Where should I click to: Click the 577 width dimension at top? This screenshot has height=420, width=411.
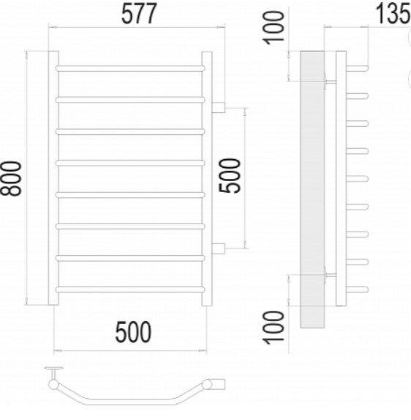pos(138,14)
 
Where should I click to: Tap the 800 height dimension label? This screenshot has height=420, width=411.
pos(11,178)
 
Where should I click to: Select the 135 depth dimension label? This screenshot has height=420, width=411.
pos(393,13)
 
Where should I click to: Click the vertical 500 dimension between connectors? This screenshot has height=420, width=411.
pos(230,176)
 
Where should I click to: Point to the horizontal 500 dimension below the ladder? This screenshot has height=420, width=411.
pos(133,332)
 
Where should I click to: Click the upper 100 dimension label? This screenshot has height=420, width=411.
pos(274,28)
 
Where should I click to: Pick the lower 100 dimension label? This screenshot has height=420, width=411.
pos(274,328)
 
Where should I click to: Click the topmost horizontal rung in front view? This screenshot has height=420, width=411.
pos(130,68)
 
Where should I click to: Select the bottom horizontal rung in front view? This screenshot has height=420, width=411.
pos(130,290)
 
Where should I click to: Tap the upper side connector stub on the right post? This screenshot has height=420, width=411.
pos(219,107)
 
